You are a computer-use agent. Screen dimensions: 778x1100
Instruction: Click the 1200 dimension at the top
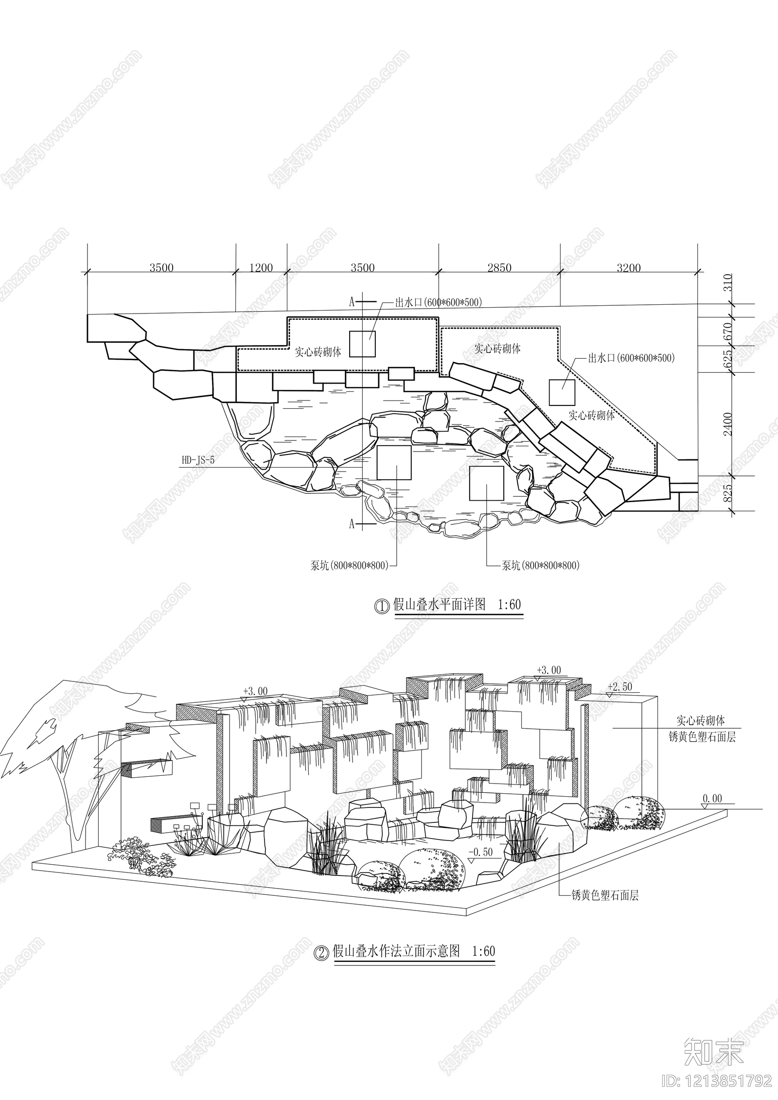[261, 267]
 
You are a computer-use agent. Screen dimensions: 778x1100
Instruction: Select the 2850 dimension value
[499, 267]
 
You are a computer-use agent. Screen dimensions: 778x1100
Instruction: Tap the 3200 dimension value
[629, 267]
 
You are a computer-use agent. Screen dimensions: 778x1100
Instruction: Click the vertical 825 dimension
[728, 493]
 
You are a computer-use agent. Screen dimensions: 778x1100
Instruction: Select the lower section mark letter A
[352, 524]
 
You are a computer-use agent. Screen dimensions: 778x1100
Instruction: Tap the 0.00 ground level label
[712, 799]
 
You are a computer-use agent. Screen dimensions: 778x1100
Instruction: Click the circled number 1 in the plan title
[382, 606]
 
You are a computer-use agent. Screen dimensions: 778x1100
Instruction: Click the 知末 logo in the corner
[714, 1048]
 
